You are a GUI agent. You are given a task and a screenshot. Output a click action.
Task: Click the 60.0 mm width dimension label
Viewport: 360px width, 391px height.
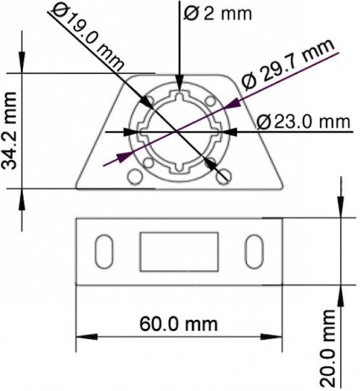178,324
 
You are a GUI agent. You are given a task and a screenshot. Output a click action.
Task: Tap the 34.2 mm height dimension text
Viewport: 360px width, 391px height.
9,131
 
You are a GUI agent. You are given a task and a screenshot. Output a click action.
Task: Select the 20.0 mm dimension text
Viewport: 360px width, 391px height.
327,348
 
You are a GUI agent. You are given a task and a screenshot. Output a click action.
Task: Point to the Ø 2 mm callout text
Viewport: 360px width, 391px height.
217,13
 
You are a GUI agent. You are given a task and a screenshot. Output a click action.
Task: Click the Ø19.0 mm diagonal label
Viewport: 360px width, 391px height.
88,38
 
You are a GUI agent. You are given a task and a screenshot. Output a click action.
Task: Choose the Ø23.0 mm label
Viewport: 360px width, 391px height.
304,122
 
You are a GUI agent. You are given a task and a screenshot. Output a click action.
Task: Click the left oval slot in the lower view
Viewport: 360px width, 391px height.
104,251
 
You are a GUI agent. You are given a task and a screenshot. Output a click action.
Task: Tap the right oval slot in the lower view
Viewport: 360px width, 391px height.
254,251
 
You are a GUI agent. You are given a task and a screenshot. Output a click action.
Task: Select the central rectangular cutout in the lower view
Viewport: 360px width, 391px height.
179,251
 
